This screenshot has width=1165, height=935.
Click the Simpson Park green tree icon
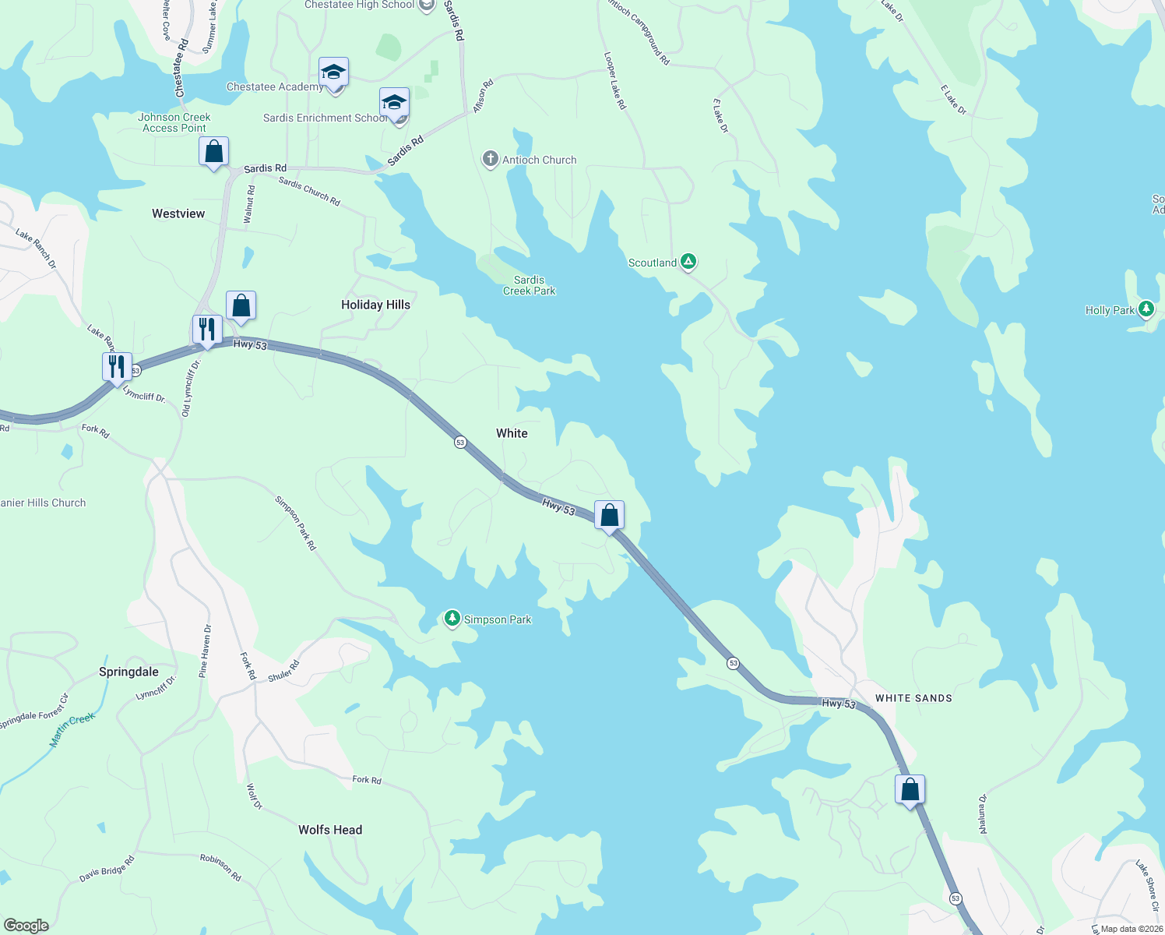click(x=452, y=619)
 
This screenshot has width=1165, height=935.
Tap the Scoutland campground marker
click(x=688, y=262)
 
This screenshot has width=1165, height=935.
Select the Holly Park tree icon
click(x=1146, y=309)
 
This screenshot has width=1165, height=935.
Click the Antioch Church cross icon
click(x=490, y=160)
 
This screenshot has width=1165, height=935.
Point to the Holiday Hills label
click(x=375, y=305)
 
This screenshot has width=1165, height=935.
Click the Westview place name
click(x=178, y=213)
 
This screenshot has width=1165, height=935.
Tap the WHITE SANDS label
click(x=913, y=698)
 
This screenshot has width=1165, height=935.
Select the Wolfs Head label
click(x=330, y=830)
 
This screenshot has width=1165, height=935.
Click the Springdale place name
click(x=128, y=672)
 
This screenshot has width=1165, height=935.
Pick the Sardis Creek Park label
click(x=530, y=285)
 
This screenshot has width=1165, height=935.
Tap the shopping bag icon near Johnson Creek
click(x=213, y=150)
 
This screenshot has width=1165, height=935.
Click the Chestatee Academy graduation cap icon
click(x=333, y=72)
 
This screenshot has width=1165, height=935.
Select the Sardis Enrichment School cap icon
click(x=394, y=102)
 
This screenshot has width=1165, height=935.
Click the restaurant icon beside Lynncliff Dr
click(x=117, y=365)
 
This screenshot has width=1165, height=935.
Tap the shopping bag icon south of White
click(x=610, y=514)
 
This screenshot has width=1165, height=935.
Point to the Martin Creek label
click(x=72, y=730)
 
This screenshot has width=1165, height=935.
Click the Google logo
click(x=26, y=925)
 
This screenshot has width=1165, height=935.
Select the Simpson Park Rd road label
click(x=296, y=524)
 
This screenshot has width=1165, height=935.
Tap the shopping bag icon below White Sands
click(x=910, y=789)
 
